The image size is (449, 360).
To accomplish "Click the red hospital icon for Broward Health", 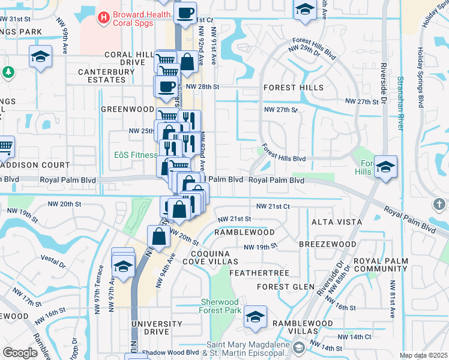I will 104,18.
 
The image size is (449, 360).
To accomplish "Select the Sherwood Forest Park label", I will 220,306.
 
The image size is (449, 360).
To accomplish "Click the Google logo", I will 20,353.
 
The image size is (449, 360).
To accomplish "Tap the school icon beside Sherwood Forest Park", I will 255,318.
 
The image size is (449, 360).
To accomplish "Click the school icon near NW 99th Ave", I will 40,57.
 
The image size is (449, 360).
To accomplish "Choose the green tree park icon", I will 8,73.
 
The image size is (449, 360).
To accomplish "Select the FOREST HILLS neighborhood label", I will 294,88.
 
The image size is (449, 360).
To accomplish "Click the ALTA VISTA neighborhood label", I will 337,222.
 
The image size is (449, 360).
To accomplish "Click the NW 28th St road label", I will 203,87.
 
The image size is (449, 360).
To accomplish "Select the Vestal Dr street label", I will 53,261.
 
